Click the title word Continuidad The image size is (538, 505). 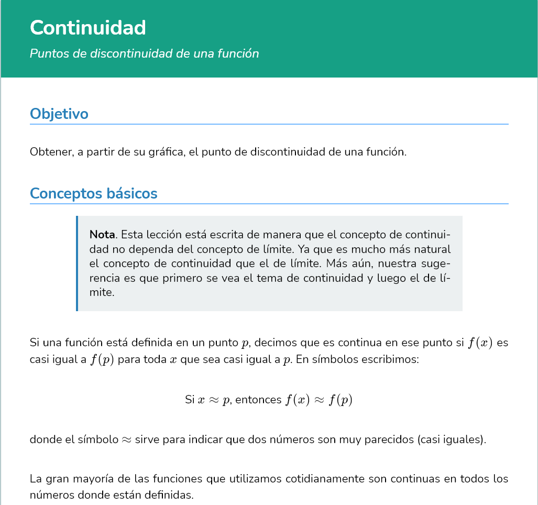click(88, 28)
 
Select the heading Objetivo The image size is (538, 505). click(59, 114)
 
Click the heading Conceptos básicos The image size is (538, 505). click(94, 193)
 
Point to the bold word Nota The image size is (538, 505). click(102, 234)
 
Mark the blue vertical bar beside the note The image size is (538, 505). click(77, 264)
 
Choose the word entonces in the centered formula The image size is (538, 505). click(258, 400)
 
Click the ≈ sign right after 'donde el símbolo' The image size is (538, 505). click(127, 440)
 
